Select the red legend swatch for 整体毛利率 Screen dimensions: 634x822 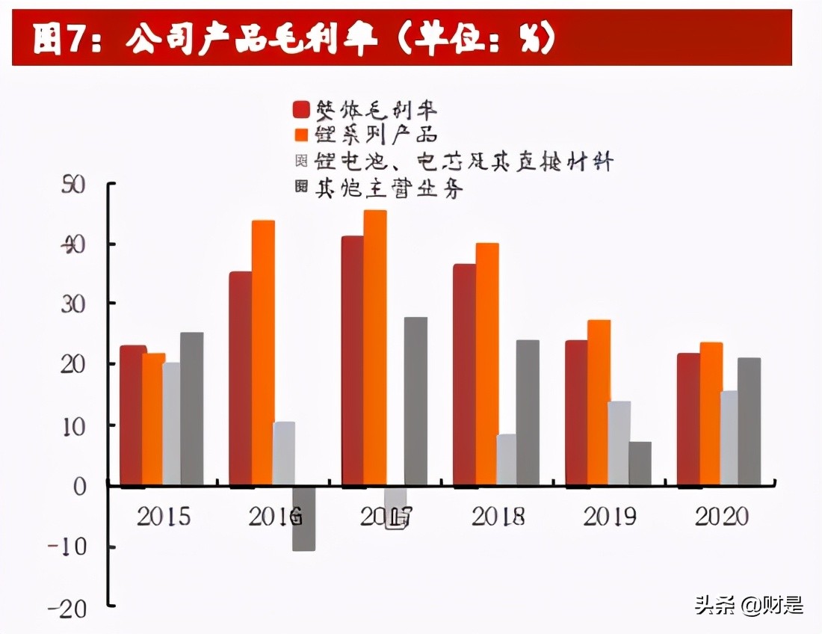pyautogui.click(x=301, y=109)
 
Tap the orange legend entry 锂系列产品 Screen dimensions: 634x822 pyautogui.click(x=365, y=135)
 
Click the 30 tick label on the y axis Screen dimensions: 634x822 pyautogui.click(x=73, y=304)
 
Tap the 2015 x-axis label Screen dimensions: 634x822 pyautogui.click(x=163, y=517)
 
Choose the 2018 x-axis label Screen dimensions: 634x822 pyautogui.click(x=498, y=517)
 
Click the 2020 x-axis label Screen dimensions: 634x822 pyautogui.click(x=722, y=517)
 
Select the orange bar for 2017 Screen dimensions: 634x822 pyautogui.click(x=375, y=348)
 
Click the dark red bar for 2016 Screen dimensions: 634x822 pyautogui.click(x=240, y=378)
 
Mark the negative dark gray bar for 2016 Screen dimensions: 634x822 pyautogui.click(x=303, y=519)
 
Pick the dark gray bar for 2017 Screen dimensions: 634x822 pyautogui.click(x=415, y=401)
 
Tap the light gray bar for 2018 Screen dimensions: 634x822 pyautogui.click(x=506, y=459)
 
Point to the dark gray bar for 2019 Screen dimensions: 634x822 pyautogui.click(x=640, y=463)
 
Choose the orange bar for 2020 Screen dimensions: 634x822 pyautogui.click(x=711, y=413)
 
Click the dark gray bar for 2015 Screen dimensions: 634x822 pyautogui.click(x=191, y=408)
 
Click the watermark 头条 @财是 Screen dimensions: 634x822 pyautogui.click(x=748, y=604)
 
